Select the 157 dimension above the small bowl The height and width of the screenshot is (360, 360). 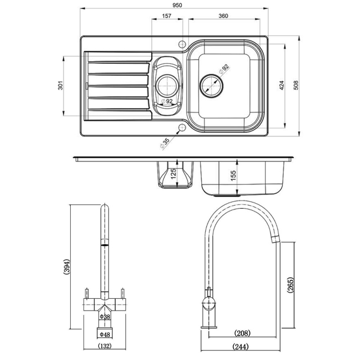point(166,16)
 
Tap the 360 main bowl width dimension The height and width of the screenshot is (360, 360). point(224,16)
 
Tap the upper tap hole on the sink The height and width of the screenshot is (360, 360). point(182,44)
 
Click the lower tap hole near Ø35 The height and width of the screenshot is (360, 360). point(182,128)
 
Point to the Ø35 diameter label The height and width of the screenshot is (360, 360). point(165,144)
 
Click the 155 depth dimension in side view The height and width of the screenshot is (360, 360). point(233,175)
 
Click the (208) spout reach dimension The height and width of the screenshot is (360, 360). point(242,333)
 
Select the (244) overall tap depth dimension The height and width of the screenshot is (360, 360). point(242,346)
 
